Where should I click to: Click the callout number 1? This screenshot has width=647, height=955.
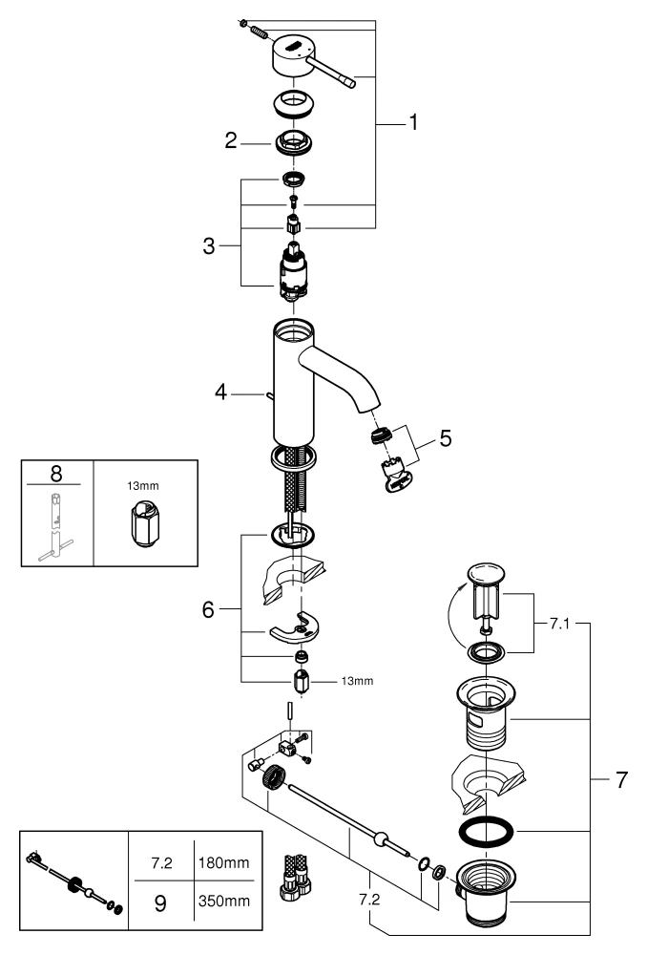coord(413,122)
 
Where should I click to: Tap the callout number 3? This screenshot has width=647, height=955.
coord(210,244)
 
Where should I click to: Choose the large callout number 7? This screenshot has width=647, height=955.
coord(620,780)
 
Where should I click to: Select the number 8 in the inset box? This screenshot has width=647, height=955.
coord(56,475)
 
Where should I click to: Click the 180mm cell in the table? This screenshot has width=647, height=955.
coord(222,861)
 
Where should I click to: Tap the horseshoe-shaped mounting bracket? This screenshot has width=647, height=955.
coord(295,629)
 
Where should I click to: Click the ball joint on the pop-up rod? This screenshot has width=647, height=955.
coord(381,839)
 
